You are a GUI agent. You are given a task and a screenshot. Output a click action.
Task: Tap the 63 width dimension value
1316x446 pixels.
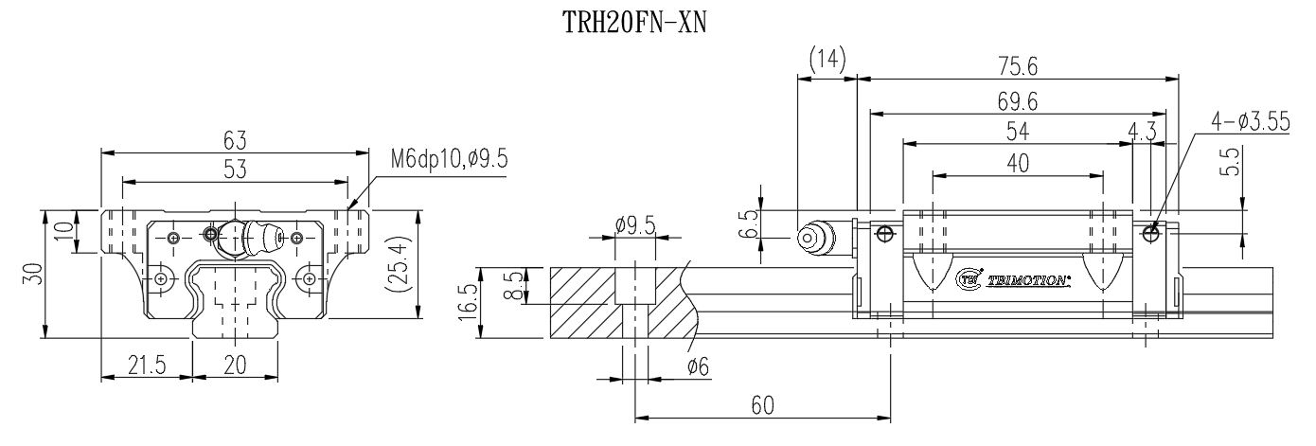click(235, 140)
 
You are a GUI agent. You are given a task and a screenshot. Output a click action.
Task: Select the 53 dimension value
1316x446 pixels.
click(235, 169)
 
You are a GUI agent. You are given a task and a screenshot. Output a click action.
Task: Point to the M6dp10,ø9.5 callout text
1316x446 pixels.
click(449, 159)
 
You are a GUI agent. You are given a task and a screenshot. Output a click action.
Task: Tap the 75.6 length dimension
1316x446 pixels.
click(1018, 66)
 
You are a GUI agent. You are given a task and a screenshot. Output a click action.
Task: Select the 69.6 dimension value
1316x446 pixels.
click(1018, 99)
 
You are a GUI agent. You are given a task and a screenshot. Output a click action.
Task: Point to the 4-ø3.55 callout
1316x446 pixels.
click(1251, 122)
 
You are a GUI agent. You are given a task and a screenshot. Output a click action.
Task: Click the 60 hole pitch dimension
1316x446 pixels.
click(762, 405)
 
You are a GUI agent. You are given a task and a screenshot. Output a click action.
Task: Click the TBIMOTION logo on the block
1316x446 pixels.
click(1013, 280)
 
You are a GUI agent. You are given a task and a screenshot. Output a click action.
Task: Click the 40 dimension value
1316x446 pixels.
click(1018, 163)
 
